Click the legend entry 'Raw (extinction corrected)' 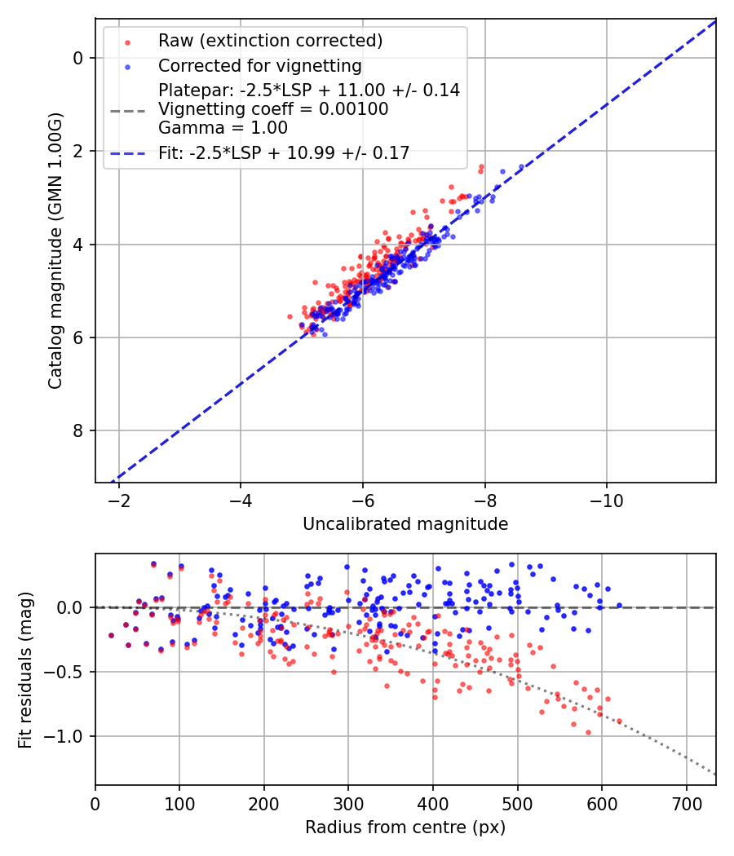[270, 41]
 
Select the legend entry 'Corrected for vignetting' [259, 65]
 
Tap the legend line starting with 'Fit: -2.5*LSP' [284, 152]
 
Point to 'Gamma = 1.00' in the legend [223, 127]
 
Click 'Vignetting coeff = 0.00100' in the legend [273, 109]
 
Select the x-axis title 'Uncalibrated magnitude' [405, 524]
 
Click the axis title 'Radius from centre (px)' [405, 827]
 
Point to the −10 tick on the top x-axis [607, 498]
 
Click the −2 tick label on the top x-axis [119, 498]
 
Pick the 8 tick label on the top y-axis [79, 430]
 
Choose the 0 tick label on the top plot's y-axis [79, 58]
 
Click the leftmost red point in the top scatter [290, 316]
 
